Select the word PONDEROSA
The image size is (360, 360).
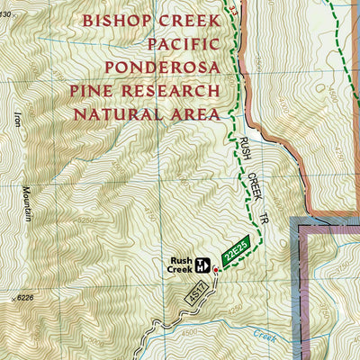point(162,67)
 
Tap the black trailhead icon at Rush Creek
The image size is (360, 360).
point(203,265)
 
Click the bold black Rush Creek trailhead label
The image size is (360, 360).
point(179,265)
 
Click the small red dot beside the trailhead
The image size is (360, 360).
point(215,268)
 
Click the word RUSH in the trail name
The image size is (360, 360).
point(246,148)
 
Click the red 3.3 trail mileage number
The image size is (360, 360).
point(235,8)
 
